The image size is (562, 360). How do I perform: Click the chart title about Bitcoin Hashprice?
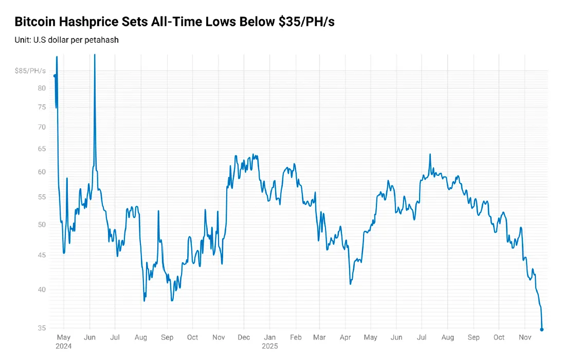[x=174, y=22]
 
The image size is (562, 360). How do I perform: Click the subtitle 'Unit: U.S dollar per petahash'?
[x=66, y=40]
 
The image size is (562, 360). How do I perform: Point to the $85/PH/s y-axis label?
[x=30, y=70]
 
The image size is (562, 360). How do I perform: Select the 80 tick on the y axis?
[x=42, y=88]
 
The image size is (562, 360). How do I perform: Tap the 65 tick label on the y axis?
[x=42, y=149]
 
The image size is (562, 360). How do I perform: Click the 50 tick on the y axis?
[x=42, y=225]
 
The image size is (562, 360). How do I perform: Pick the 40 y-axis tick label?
[x=42, y=290]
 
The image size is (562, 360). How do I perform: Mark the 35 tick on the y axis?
[x=42, y=328]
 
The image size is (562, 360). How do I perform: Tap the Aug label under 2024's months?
[x=140, y=338]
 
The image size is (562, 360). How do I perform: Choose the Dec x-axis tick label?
[x=244, y=338]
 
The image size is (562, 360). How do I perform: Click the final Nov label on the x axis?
[x=524, y=338]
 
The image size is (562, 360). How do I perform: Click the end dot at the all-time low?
[x=542, y=329]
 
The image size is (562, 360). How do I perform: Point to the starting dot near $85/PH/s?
[x=55, y=76]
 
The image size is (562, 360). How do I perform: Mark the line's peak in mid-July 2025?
[x=430, y=154]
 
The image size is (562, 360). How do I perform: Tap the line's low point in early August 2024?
[x=144, y=300]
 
